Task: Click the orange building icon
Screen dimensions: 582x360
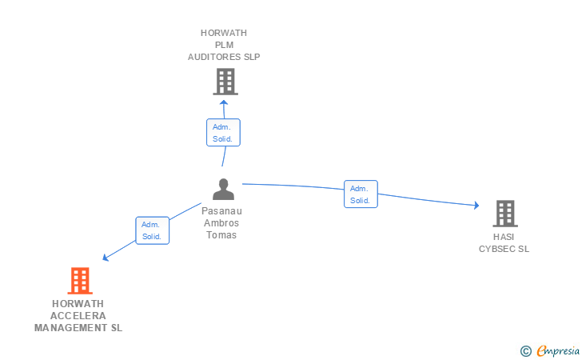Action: pos(80,281)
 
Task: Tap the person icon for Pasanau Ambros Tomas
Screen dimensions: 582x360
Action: pos(223,189)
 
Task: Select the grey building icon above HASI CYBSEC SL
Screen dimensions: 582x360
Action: pos(505,214)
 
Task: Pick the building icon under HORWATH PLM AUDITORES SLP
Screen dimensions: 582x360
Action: pos(225,82)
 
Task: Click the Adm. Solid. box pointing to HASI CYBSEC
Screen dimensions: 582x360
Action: pos(361,194)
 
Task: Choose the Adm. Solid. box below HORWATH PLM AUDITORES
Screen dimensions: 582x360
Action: pos(223,132)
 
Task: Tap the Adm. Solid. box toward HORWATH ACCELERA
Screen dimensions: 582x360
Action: pos(152,230)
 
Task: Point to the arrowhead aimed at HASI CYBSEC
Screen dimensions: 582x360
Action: pos(476,205)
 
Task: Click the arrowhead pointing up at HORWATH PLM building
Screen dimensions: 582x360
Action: pos(224,102)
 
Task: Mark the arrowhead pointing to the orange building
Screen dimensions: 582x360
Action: pos(105,258)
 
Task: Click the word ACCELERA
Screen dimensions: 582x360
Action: pos(78,316)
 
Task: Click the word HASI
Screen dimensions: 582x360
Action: pos(504,237)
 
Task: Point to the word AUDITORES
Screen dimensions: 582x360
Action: pos(214,57)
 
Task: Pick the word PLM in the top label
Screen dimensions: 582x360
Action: pos(224,45)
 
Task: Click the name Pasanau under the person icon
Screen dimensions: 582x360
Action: pos(221,211)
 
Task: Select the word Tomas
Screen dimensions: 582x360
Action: pos(221,235)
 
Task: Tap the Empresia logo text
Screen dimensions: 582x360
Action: pos(558,350)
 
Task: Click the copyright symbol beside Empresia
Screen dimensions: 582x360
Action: pos(525,351)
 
